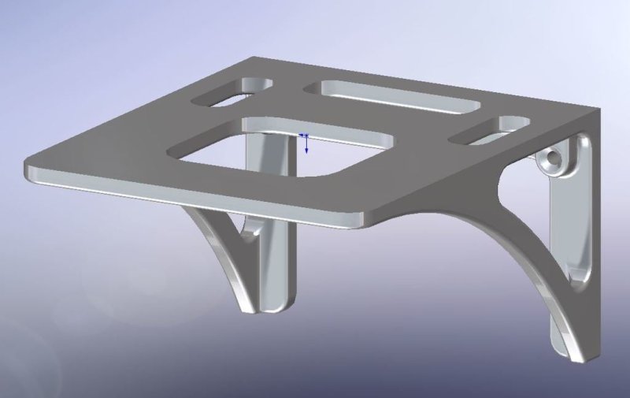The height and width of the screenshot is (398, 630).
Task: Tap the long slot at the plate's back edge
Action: coord(394,98)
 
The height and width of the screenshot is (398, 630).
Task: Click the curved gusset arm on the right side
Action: coord(504,236)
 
